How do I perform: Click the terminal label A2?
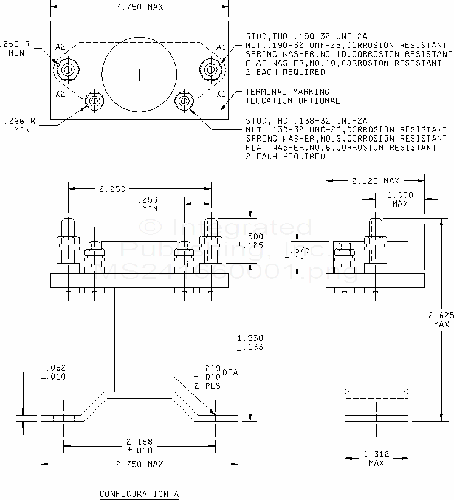tap(60, 47)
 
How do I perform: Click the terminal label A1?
tap(221, 47)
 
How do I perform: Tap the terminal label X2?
tap(60, 94)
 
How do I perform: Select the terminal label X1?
tap(221, 94)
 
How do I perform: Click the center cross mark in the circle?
tap(140, 75)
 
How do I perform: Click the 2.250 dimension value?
tap(112, 189)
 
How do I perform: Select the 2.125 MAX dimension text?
tap(375, 180)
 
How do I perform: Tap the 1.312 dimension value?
tap(376, 454)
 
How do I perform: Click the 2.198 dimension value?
tap(139, 442)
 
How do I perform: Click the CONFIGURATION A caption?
tap(139, 494)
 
